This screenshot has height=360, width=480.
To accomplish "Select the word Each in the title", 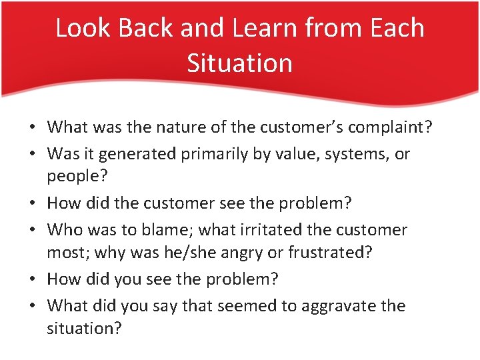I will click(398, 28).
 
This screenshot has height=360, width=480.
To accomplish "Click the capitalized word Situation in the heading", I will click(239, 63).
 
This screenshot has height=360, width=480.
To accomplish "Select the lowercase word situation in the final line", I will click(84, 329).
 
